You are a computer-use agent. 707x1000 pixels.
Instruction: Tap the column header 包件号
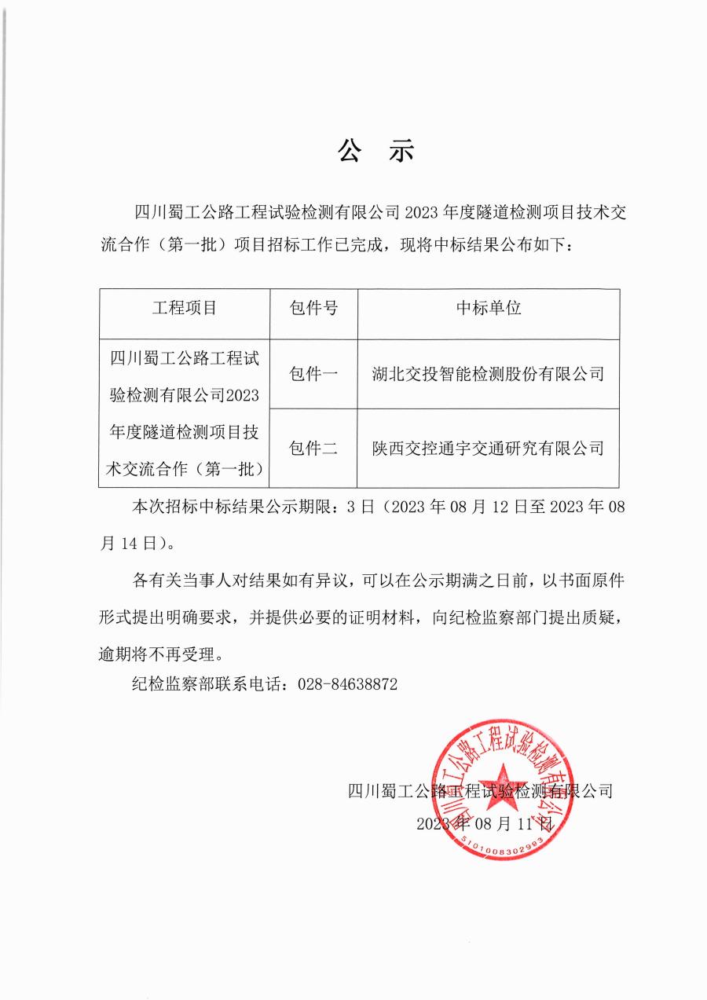tap(313, 308)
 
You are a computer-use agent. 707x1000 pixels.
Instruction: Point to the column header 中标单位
tap(488, 308)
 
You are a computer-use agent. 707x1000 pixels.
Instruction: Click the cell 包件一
tap(313, 374)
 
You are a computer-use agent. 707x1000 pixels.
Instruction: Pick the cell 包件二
tap(313, 449)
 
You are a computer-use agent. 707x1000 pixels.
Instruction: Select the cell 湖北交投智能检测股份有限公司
tap(488, 374)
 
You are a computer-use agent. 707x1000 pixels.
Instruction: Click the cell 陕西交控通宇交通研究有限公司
tap(488, 449)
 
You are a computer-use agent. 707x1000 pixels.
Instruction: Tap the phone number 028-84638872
tap(348, 684)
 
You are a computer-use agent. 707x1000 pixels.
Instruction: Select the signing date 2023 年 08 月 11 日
tap(485, 824)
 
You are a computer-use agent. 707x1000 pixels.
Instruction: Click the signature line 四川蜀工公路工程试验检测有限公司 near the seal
tap(480, 790)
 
